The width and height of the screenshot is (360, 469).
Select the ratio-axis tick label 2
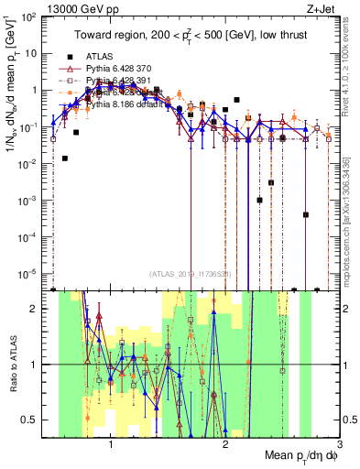(x=34, y=309)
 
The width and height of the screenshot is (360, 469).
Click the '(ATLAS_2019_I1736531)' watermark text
(x=192, y=274)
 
